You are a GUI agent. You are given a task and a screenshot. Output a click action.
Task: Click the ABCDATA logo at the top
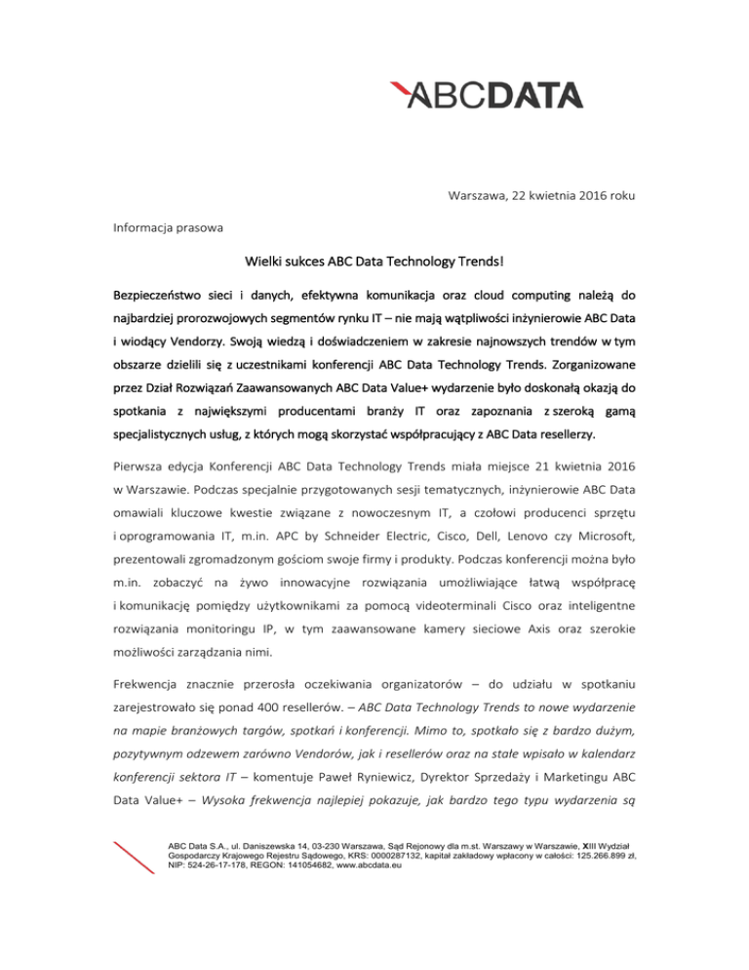485,95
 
